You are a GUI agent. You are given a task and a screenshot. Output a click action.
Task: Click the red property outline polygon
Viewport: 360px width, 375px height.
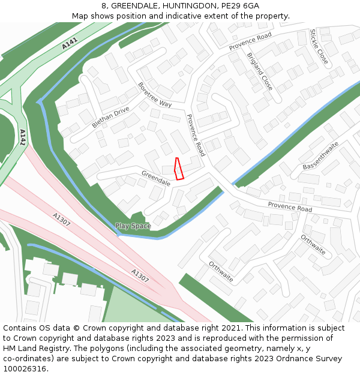pyautogui.click(x=178, y=169)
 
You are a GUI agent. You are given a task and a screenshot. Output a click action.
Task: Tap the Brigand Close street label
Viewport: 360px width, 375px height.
pyautogui.click(x=259, y=71)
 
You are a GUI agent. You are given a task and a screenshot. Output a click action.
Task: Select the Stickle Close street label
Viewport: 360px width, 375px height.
pyautogui.click(x=319, y=47)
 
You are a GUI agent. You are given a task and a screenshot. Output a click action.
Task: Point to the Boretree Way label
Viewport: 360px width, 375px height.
pyautogui.click(x=155, y=95)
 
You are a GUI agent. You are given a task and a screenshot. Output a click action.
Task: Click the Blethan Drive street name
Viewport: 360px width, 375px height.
pyautogui.click(x=110, y=118)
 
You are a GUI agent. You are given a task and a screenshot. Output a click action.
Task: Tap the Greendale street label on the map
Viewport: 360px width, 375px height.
pyautogui.click(x=156, y=178)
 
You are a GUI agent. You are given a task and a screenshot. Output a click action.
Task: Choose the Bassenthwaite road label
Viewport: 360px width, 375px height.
pyautogui.click(x=321, y=155)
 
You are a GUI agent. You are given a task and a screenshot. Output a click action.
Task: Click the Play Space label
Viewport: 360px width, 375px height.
pyautogui.click(x=133, y=226)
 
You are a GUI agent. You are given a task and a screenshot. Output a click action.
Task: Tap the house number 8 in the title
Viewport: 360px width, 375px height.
pyautogui.click(x=104, y=6)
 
